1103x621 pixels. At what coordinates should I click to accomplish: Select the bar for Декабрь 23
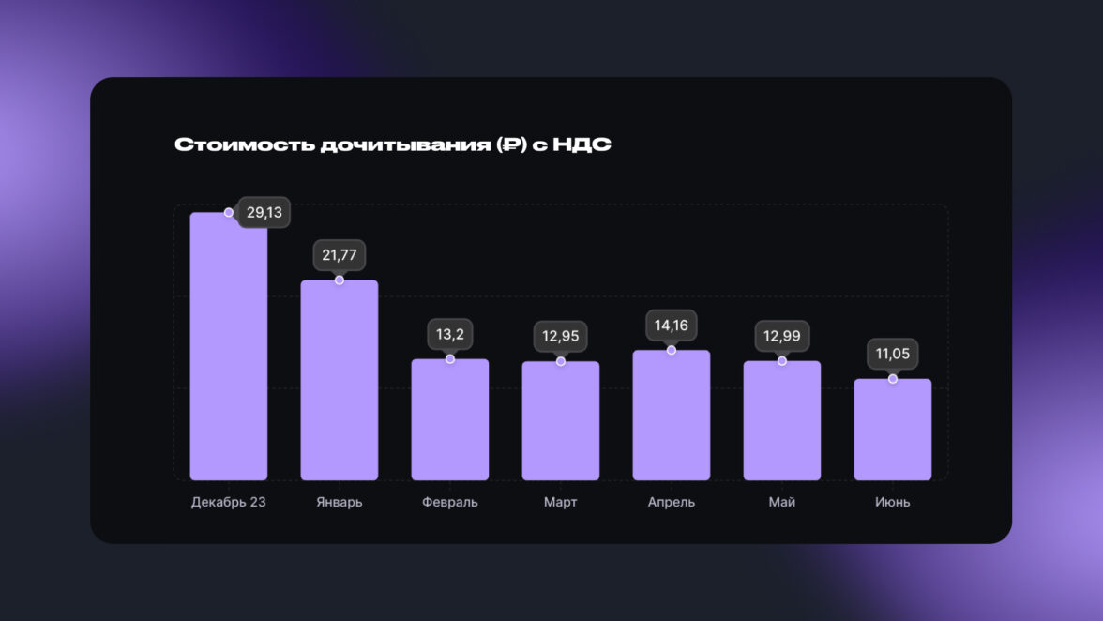click(228, 347)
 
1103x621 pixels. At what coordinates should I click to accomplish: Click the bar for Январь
click(339, 380)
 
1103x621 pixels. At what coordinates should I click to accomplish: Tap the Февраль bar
click(449, 419)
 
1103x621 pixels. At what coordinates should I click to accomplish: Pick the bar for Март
click(560, 421)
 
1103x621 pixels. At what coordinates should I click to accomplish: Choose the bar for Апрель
click(671, 416)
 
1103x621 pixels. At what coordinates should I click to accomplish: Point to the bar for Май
click(781, 420)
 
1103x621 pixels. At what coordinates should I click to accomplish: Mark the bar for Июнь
click(892, 430)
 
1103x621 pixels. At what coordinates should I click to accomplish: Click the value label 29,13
click(264, 213)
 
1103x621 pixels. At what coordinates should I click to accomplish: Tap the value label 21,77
click(339, 255)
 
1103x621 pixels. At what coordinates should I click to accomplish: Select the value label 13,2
click(449, 334)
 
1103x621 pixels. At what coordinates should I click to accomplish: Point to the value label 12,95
click(560, 337)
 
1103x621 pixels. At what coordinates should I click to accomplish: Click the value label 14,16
click(671, 326)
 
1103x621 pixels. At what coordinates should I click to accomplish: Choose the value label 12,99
click(781, 336)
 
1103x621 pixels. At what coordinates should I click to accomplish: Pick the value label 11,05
click(892, 354)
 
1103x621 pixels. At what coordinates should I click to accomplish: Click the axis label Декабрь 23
click(228, 502)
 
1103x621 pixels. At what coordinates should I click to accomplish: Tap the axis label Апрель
click(671, 502)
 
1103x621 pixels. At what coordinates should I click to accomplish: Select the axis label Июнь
click(892, 502)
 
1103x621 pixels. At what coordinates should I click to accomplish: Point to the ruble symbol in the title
click(512, 144)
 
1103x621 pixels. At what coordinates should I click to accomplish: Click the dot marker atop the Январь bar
click(339, 280)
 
